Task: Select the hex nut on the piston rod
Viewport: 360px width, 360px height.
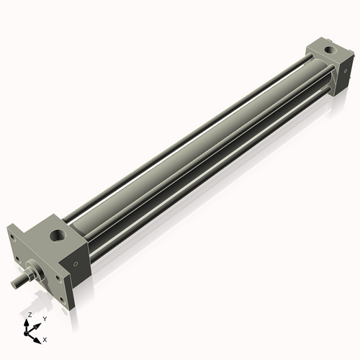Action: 28,274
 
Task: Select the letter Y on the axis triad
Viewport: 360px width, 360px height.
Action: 44,319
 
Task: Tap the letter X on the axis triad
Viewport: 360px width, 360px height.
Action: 45,338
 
